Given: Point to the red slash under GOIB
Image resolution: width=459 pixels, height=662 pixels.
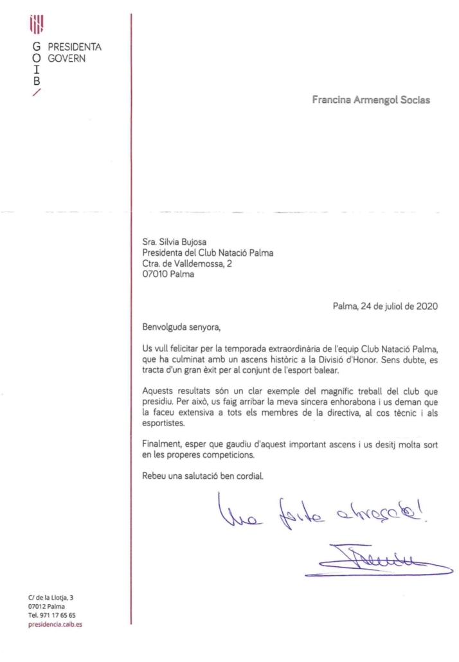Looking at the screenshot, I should tap(37, 93).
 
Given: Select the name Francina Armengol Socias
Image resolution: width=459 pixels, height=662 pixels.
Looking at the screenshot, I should tap(371, 100).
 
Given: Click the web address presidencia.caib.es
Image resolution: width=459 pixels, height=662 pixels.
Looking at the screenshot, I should tap(55, 625).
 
